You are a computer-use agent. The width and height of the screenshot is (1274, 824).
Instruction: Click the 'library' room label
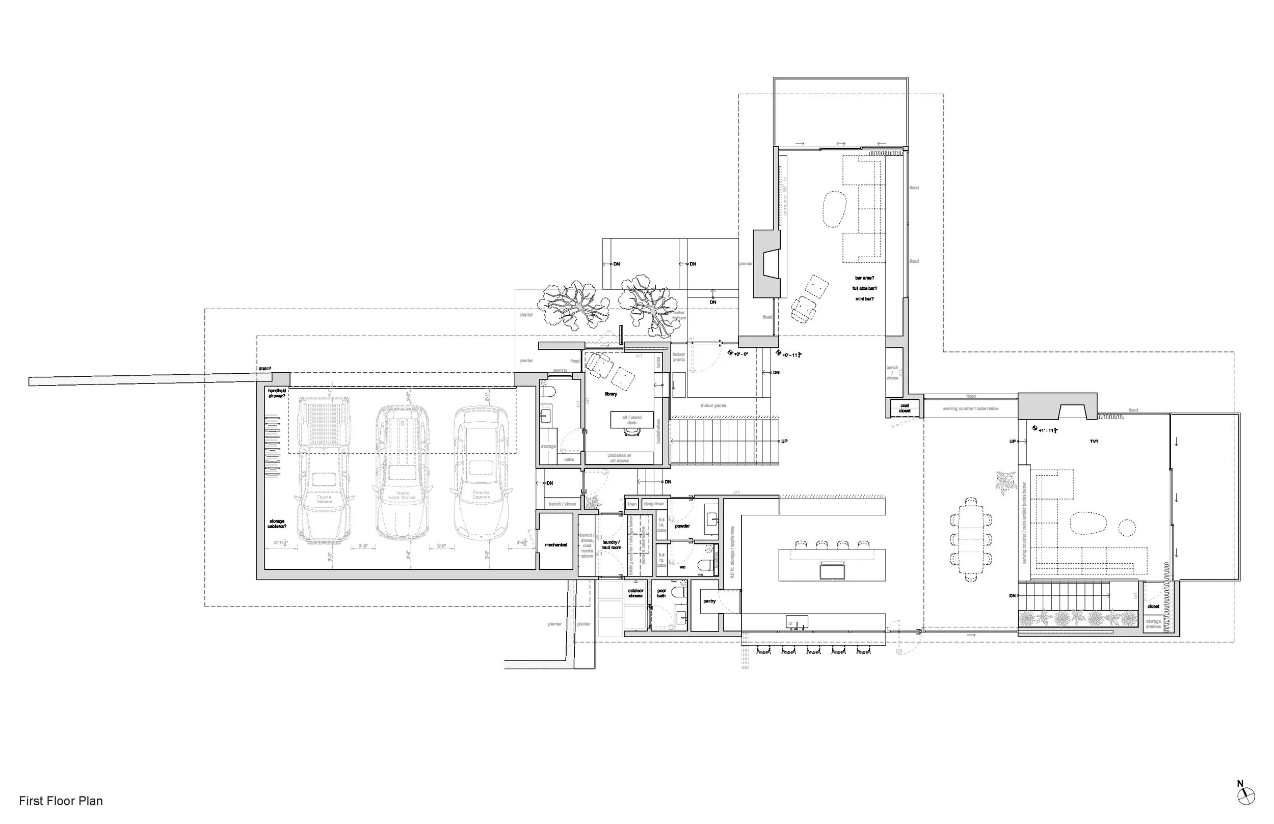click(x=611, y=394)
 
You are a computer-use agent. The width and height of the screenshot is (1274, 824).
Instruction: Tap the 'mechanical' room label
click(x=555, y=545)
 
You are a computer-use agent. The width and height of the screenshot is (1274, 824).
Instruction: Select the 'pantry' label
click(x=709, y=601)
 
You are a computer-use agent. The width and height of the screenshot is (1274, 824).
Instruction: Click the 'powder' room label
click(x=682, y=526)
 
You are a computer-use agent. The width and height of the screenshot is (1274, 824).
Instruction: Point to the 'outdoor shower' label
click(x=635, y=593)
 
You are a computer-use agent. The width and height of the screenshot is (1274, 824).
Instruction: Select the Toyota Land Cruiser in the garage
click(x=402, y=474)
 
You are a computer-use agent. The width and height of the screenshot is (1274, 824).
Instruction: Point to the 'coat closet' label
click(x=905, y=408)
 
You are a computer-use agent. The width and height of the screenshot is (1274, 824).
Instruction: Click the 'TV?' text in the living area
click(x=1094, y=442)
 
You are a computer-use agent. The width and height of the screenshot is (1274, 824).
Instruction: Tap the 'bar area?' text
click(x=864, y=278)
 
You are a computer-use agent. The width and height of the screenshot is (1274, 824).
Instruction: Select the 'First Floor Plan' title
click(x=61, y=801)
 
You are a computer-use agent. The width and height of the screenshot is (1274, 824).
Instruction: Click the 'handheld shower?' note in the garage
click(x=277, y=393)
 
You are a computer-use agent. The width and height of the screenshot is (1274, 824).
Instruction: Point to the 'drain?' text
click(x=264, y=369)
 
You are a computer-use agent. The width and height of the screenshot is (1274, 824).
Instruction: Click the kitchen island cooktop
click(x=832, y=570)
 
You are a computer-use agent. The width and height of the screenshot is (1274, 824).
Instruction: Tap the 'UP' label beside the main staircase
click(x=784, y=442)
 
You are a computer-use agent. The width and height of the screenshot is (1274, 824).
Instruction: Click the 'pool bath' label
click(x=661, y=593)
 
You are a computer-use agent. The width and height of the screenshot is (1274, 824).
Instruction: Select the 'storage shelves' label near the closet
click(x=1154, y=623)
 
